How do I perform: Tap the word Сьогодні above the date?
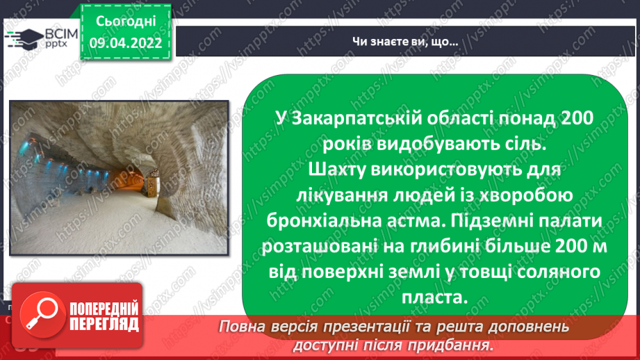pyautogui.click(x=125, y=20)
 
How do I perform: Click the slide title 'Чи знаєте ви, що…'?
pyautogui.click(x=404, y=42)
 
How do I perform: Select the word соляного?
pyautogui.click(x=548, y=272)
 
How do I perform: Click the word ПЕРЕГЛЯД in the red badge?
pyautogui.click(x=103, y=323)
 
